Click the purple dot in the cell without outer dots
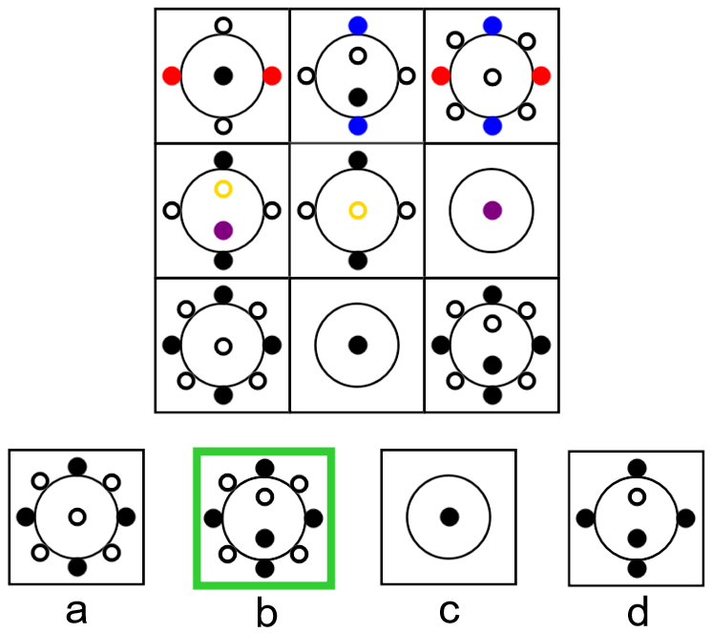492,210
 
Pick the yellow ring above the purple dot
223,189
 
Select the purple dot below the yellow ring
223,230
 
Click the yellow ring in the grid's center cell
358,210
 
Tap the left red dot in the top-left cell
172,75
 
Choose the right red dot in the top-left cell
272,75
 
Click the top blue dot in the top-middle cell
358,25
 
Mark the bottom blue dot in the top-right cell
492,126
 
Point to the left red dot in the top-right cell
441,75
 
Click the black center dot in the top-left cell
223,75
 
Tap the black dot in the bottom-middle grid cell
358,345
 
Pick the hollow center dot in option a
76,517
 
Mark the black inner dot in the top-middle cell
358,96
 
